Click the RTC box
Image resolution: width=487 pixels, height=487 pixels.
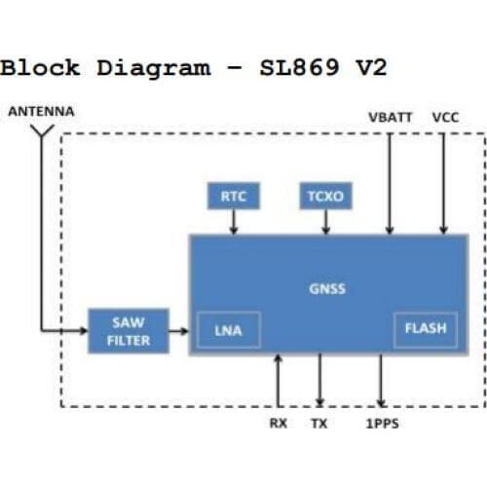(234, 197)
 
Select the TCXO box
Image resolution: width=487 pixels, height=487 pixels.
(324, 197)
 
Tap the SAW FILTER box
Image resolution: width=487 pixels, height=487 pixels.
(129, 332)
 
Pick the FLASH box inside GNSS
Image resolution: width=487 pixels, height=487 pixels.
(425, 328)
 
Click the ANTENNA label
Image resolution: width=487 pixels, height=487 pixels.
(41, 112)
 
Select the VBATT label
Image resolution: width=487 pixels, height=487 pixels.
(390, 117)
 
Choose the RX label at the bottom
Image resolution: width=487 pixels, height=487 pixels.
(278, 423)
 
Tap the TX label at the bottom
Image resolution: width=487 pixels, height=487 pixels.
(319, 423)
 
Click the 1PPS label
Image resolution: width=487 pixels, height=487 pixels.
(382, 423)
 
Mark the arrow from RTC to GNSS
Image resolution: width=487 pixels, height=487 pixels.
(234, 222)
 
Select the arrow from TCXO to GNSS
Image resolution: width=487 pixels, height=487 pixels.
(324, 222)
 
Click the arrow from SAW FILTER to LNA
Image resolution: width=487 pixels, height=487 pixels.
(177, 332)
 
